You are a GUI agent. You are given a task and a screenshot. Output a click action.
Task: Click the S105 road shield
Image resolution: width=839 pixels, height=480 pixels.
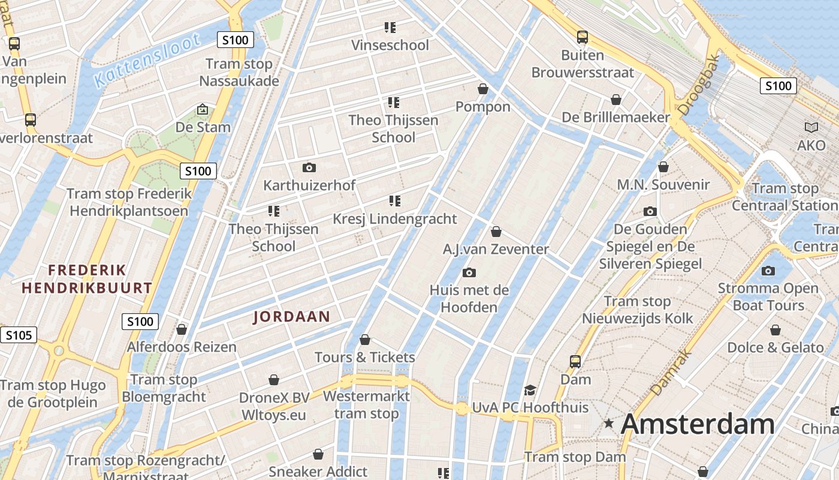[18, 335]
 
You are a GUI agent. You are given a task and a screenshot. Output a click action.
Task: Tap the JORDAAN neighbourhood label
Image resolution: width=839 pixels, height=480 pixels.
[292, 317]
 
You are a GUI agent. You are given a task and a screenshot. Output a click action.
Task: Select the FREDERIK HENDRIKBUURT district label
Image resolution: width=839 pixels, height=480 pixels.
[87, 279]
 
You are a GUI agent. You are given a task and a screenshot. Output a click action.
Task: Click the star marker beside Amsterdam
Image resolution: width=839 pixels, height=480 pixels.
[609, 424]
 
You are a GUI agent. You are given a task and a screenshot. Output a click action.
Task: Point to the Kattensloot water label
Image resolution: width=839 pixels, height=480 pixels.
[147, 61]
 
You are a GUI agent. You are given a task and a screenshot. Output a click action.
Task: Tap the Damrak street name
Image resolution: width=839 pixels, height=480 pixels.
[671, 373]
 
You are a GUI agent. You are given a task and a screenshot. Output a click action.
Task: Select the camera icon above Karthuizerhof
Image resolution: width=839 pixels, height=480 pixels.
[309, 167]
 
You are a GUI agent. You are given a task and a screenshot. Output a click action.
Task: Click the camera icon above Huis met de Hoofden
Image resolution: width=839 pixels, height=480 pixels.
[469, 273]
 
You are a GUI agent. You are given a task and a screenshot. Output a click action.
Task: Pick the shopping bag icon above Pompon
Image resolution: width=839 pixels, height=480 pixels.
[483, 89]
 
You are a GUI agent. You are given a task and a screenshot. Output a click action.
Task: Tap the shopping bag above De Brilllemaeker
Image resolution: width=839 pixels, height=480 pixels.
[615, 100]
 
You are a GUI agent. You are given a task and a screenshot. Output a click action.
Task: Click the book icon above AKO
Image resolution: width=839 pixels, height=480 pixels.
[811, 128]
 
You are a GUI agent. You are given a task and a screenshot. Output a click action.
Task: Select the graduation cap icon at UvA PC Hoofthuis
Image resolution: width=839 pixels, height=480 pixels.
[530, 391]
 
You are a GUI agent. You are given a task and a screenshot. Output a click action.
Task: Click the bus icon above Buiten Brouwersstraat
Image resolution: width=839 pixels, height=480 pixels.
[582, 37]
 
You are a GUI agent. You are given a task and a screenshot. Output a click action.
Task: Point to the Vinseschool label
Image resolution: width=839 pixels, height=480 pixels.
[390, 46]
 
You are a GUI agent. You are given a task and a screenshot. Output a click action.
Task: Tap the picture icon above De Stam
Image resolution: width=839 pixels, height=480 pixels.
[203, 109]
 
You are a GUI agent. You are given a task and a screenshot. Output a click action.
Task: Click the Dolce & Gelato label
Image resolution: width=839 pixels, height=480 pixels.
[775, 347]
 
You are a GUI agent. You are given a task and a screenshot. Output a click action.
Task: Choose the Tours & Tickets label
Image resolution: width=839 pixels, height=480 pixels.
[365, 358]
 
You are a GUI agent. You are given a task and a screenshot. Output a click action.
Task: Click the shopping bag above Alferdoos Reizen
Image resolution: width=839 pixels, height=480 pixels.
[182, 329]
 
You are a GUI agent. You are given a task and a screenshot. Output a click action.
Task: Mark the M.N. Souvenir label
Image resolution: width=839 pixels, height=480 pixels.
[663, 185]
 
